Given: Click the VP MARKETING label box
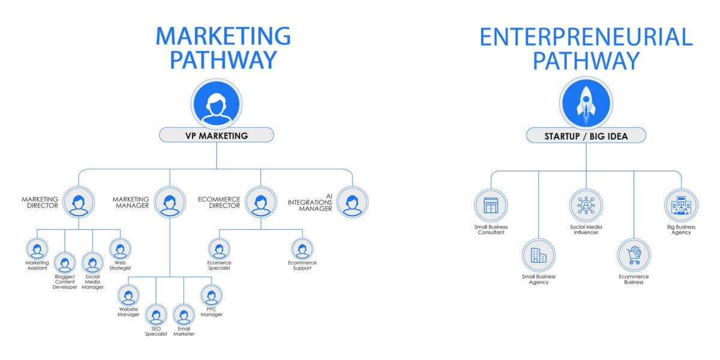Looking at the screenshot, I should tap(216, 135).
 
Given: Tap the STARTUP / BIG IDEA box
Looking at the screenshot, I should tap(586, 136).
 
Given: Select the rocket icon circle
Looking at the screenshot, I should tap(586, 102).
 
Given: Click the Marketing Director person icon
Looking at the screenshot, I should tap(79, 202).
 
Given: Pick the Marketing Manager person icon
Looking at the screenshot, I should tap(170, 202).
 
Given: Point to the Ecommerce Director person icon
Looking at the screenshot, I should tap(261, 202).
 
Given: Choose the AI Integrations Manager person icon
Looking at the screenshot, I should tap(352, 202).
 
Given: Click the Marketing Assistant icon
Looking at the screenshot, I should tap(37, 248).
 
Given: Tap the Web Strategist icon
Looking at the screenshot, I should tap(120, 248).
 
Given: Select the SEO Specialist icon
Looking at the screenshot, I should tap(156, 315).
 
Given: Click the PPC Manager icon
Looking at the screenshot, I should tap(211, 295).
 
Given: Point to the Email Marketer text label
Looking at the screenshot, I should tap(184, 331).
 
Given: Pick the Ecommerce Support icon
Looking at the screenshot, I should tap(302, 248).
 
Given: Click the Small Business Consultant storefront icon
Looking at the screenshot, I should tap(491, 206).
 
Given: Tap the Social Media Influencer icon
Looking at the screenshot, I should tap(586, 206).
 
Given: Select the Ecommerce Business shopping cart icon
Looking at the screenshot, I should tap(634, 256).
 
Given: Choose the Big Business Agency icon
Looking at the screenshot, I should tap(681, 206).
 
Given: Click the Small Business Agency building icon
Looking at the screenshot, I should tap(538, 256).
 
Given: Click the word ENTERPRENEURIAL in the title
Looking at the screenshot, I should tap(586, 37).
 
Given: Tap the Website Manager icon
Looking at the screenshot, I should tap(128, 295).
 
